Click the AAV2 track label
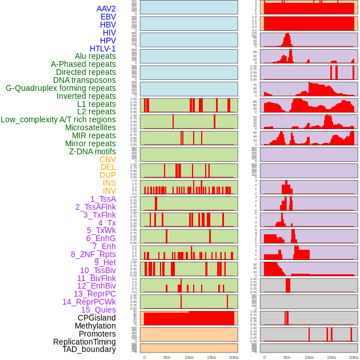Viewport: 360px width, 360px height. click(106, 9)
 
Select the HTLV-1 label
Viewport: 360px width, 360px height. click(103, 49)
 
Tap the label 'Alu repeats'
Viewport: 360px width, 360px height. click(95, 56)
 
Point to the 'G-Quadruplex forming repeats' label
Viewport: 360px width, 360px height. click(61, 88)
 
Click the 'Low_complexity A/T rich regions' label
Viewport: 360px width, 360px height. click(58, 119)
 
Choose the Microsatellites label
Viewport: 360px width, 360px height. click(90, 127)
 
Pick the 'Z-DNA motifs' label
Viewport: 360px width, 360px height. click(93, 151)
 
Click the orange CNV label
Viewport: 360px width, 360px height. click(107, 159)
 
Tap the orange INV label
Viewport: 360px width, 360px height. click(109, 191)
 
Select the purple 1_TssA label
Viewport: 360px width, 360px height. click(103, 199)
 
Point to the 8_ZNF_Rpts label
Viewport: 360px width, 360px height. click(93, 254)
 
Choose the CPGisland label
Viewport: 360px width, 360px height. click(97, 318)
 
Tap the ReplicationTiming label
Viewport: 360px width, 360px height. click(84, 342)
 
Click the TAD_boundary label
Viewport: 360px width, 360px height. click(89, 349)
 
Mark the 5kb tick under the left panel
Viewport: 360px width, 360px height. click(167, 357)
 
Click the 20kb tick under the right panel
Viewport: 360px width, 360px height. click(354, 357)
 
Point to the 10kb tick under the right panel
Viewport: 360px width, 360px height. click(309, 357)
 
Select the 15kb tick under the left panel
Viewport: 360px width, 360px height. click(211, 357)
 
